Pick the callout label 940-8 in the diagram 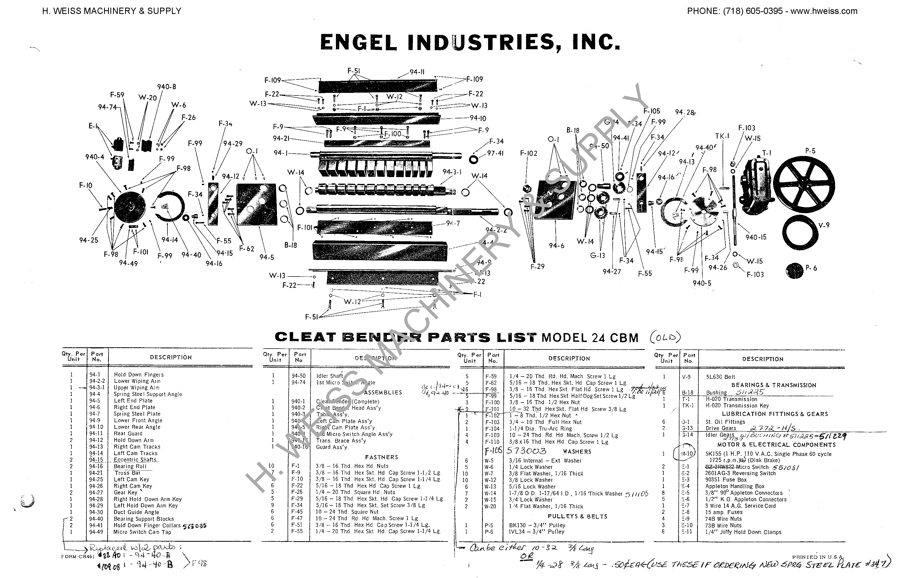(x=166, y=87)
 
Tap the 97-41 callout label (x=495, y=153)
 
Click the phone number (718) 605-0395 (x=753, y=11)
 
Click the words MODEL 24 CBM (x=590, y=338)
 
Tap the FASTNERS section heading (x=381, y=457)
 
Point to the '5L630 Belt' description (x=720, y=377)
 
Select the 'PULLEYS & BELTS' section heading (x=577, y=516)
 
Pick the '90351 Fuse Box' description (x=726, y=480)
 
